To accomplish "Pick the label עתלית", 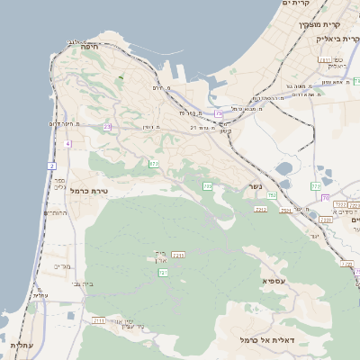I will [x=20, y=345].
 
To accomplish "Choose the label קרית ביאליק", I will [x=340, y=40].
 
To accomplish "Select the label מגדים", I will [x=62, y=266].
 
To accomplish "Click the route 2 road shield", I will [x=52, y=166].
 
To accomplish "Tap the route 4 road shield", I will [x=67, y=144].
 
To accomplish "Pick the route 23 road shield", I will [x=107, y=127].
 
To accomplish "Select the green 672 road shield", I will [x=154, y=164].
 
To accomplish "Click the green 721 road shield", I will [x=163, y=272].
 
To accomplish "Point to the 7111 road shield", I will [x=98, y=319].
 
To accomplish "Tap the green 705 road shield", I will [x=208, y=186].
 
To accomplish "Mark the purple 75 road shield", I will [x=219, y=113].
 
